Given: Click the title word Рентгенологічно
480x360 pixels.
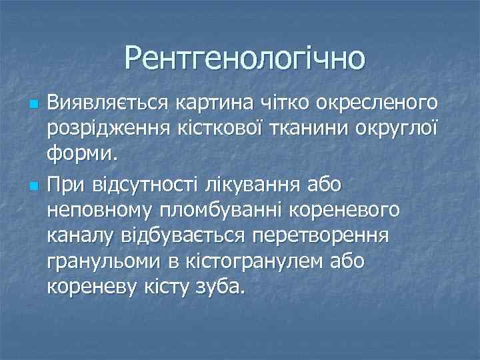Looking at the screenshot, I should pos(245,57).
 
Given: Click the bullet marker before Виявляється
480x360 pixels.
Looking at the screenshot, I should pos(34,105).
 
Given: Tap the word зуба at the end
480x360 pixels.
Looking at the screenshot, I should pos(219,288).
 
